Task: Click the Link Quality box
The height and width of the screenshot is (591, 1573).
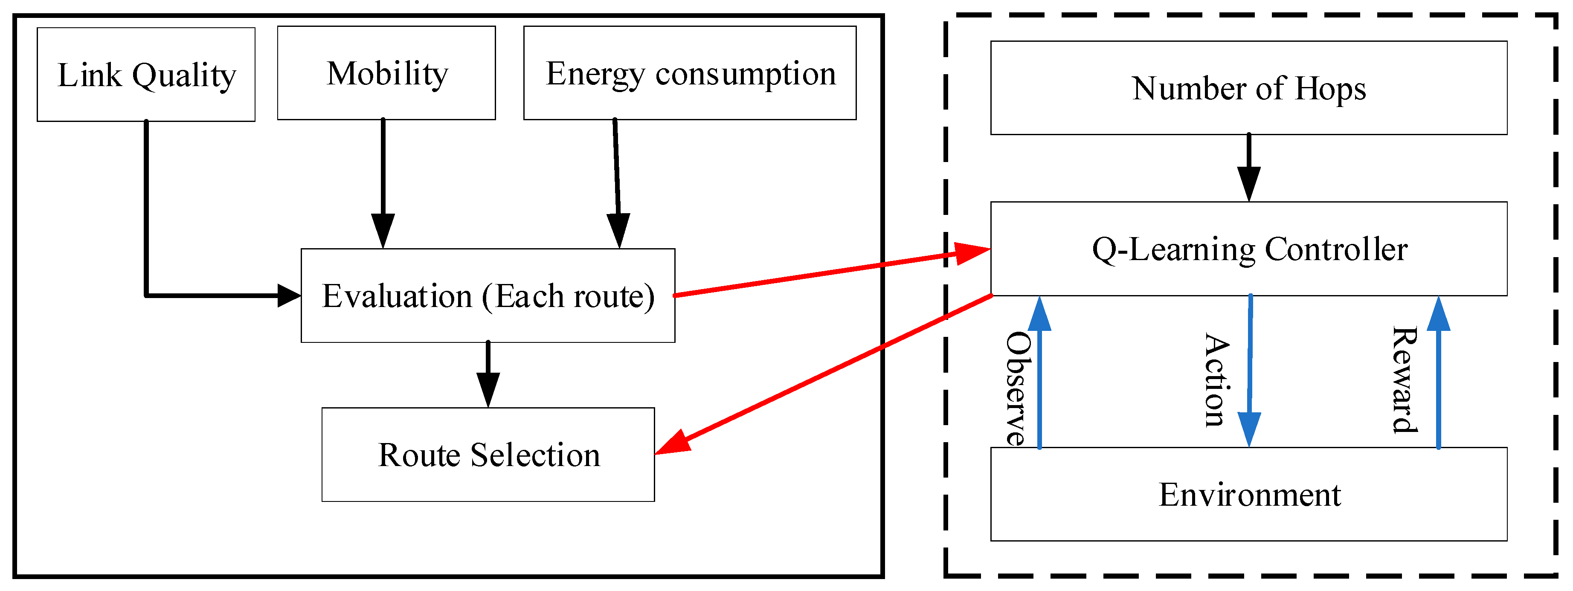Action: click(146, 75)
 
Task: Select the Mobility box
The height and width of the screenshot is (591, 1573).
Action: click(386, 73)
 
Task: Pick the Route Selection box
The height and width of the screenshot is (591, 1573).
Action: click(488, 455)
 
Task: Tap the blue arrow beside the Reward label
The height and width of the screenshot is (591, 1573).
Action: click(1438, 372)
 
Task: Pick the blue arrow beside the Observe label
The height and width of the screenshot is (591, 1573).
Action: click(1039, 372)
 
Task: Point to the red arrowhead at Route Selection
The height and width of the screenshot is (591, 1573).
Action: click(672, 443)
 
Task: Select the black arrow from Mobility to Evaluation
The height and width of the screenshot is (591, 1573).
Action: click(383, 183)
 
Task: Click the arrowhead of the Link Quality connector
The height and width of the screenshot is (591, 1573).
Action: click(288, 295)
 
